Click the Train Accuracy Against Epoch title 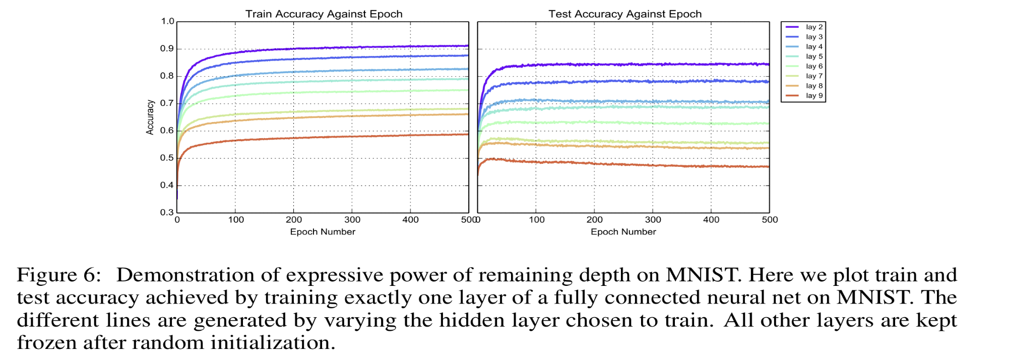pos(324,14)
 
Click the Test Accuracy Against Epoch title pos(625,14)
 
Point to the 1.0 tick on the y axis pos(167,22)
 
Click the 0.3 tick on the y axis pos(167,212)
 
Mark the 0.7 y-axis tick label pos(167,103)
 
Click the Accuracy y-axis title pos(150,117)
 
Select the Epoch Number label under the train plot pos(323,232)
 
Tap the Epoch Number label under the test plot pos(623,232)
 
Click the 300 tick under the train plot pos(352,220)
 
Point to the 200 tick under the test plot pos(595,220)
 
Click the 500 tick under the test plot pos(770,220)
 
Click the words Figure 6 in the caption pos(59,275)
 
